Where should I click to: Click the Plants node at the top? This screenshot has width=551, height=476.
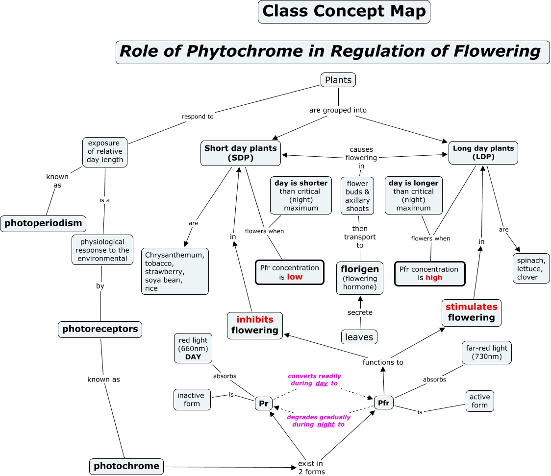point(338,80)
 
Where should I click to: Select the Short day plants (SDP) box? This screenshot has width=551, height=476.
point(241,153)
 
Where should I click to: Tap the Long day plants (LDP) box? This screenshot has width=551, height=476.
point(483,153)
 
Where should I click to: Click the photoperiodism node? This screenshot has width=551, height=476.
point(44,223)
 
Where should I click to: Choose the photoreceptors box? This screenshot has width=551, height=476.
point(100,329)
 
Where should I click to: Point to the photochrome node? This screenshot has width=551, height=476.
point(126,466)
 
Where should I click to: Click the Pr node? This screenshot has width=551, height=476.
point(264,404)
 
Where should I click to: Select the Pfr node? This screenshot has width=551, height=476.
point(383,403)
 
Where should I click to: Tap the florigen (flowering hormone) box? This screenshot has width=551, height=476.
point(360,278)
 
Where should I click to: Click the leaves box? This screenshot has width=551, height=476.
point(359,337)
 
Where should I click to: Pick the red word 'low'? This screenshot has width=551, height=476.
point(295,277)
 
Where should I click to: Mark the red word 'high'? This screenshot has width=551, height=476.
point(434,278)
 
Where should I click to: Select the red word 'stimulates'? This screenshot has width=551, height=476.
point(471,307)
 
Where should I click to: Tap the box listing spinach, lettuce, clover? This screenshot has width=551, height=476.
point(531,268)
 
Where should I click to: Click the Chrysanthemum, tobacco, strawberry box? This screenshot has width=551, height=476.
point(175,271)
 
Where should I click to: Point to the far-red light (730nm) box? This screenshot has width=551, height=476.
point(486,352)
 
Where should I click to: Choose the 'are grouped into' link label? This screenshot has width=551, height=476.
point(338,110)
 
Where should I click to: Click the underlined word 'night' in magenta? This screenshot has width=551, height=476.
point(326,425)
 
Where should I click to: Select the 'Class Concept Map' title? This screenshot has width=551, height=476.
point(344,11)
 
